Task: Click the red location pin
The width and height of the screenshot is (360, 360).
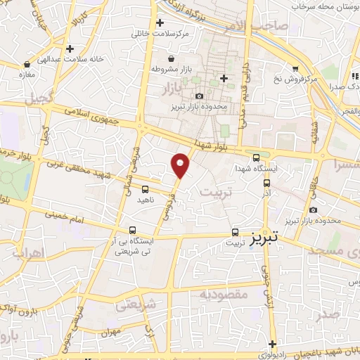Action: tap(181, 165)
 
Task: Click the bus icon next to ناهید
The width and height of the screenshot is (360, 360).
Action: tap(145, 189)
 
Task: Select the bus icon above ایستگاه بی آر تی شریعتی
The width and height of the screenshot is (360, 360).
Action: tap(133, 230)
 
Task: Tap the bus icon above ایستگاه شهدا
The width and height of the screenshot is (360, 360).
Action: tap(256, 158)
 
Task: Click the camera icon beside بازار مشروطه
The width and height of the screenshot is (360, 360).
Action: tap(152, 70)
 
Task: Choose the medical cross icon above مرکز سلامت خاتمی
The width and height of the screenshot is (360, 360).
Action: tap(161, 22)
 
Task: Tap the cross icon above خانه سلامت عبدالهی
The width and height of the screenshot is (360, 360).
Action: tap(70, 49)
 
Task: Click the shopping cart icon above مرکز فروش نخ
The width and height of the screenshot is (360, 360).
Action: tap(296, 68)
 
